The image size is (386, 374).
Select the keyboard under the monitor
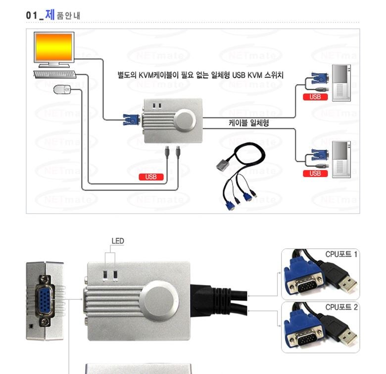(x=55, y=74)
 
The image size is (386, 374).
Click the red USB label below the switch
(x=151, y=177)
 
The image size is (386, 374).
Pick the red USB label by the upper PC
(x=315, y=97)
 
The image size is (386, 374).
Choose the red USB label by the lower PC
(x=315, y=174)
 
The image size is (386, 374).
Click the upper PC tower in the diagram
(x=341, y=83)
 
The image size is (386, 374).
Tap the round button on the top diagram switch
(x=186, y=120)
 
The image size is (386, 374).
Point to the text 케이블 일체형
(x=248, y=123)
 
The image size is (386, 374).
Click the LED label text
(x=118, y=241)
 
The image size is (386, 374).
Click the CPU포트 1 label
(x=341, y=254)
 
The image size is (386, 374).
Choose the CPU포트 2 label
(x=341, y=307)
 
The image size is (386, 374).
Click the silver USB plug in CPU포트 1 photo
(x=346, y=283)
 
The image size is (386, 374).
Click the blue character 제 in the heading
(x=49, y=15)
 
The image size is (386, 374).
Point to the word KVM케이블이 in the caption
(x=160, y=75)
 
